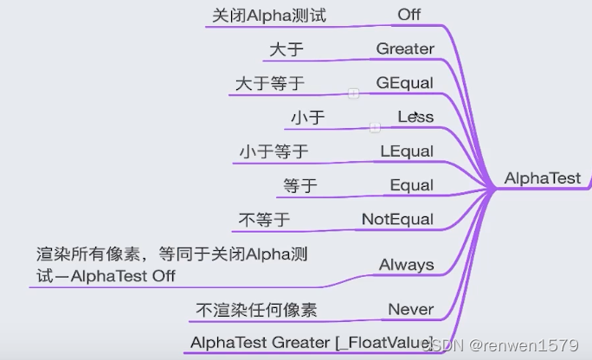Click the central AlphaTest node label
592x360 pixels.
coord(543,178)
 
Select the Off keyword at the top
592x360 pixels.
coord(409,15)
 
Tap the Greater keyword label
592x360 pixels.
coord(405,49)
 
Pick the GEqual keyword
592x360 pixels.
coord(405,83)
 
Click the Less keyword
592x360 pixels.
coord(415,117)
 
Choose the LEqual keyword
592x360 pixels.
coord(407,151)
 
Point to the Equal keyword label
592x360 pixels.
coord(411,185)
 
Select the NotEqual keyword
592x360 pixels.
coord(397,219)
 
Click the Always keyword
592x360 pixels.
coord(406,265)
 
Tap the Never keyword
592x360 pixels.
coord(410,309)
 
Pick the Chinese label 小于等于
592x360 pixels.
coord(273,151)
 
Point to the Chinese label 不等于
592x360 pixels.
coord(264,220)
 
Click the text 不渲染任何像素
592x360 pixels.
coord(256,310)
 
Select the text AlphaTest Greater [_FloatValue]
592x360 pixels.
coord(311,342)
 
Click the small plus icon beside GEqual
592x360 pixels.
coord(353,93)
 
